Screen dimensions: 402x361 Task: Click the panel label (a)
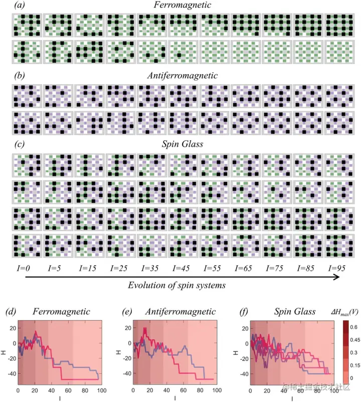21,6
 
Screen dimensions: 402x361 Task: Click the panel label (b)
21,76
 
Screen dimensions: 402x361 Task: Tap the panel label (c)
20,145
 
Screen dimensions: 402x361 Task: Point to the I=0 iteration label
22,268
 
